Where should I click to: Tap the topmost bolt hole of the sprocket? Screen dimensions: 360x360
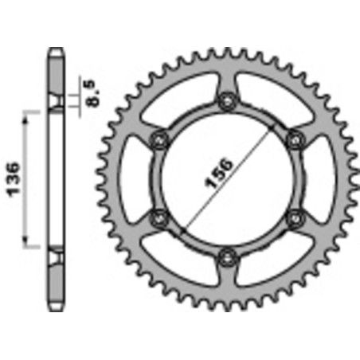227,101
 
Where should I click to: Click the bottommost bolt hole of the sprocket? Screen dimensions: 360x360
227,256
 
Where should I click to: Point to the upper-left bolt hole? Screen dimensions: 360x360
159,139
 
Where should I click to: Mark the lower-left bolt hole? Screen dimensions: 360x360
159,217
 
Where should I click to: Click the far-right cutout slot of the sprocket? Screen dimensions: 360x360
316,179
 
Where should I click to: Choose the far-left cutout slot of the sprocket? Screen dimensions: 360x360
137,179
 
